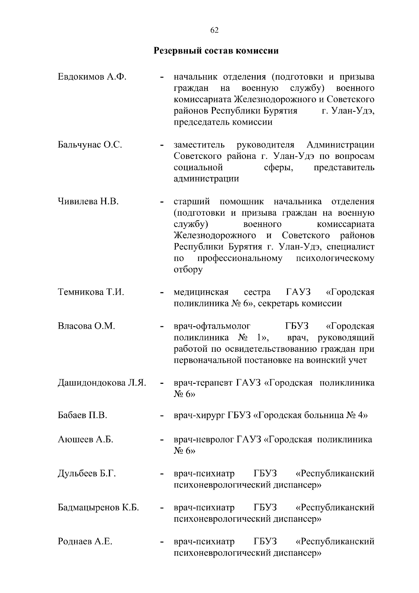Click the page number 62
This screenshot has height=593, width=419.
tap(214, 30)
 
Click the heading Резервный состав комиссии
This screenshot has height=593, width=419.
tap(216, 51)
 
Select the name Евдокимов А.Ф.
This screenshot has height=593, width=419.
tap(92, 77)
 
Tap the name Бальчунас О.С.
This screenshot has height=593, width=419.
tap(90, 145)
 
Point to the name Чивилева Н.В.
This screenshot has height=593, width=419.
tap(88, 202)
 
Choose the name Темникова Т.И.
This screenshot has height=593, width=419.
tap(91, 292)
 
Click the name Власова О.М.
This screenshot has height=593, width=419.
tap(86, 326)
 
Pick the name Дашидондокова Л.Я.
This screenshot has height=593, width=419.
tap(102, 383)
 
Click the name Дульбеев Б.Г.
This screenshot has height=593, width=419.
tap(87, 474)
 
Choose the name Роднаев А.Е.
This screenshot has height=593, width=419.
tap(85, 542)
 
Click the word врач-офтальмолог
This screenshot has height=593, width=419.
tap(212, 326)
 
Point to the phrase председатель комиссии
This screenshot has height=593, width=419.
tap(223, 122)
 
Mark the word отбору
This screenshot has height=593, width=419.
tap(188, 270)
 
